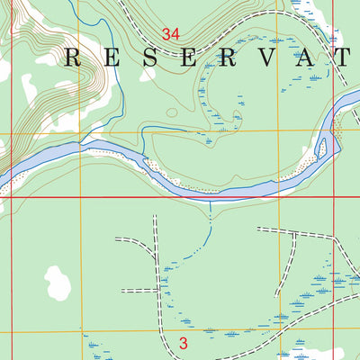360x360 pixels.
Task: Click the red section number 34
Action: click(x=171, y=34)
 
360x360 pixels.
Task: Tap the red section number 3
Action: click(x=183, y=343)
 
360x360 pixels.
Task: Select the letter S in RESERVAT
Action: click(x=172, y=59)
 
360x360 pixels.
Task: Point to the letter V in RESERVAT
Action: click(x=269, y=59)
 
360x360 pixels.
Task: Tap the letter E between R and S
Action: click(x=124, y=59)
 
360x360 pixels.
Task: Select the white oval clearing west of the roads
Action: click(x=57, y=283)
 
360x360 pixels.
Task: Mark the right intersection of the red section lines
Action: click(x=333, y=197)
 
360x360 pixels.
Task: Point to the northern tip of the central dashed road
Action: click(x=156, y=217)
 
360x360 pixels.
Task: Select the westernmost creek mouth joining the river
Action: click(x=82, y=143)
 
